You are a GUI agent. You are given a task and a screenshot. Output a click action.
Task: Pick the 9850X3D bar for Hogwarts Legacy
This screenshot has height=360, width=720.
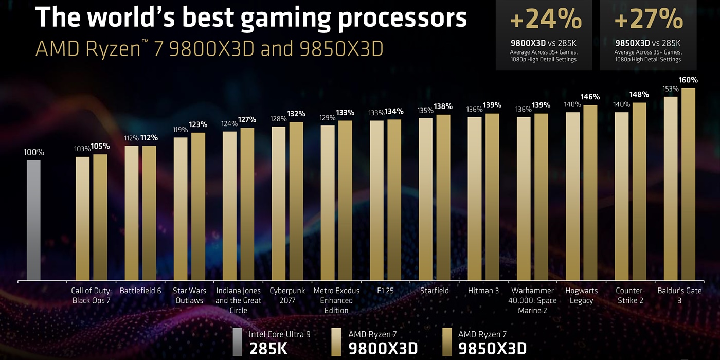[590, 193]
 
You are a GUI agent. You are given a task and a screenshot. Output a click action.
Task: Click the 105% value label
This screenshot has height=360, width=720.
[100, 146]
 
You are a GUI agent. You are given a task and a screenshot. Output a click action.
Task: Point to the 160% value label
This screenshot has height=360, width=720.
[688, 80]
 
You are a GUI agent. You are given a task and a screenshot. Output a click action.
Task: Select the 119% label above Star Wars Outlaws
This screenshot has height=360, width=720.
[181, 130]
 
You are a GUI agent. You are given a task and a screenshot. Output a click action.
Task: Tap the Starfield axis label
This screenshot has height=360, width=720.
[434, 291]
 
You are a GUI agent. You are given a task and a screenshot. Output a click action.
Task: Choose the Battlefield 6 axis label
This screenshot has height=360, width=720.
[140, 291]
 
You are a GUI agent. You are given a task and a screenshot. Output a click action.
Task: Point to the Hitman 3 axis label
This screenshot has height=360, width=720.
[483, 291]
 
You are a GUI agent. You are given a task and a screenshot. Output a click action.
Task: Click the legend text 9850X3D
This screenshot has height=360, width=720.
[492, 349]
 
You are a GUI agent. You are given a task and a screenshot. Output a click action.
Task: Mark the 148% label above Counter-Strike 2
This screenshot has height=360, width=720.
[639, 95]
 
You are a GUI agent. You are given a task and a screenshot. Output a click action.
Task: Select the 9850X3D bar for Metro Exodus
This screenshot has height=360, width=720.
[345, 201]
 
